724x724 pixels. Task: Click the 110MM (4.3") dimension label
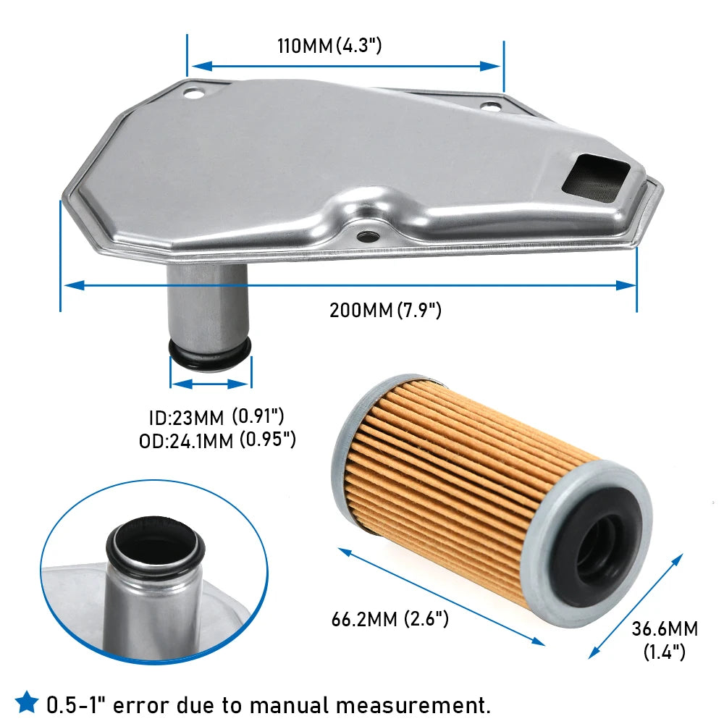(x=329, y=46)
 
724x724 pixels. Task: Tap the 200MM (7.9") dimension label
(x=385, y=310)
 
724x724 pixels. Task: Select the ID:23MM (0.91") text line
(x=216, y=417)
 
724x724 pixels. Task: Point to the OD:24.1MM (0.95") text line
(x=217, y=440)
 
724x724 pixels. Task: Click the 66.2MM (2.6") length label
(x=390, y=619)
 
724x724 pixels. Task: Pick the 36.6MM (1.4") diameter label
(x=665, y=640)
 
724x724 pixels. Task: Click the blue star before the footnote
(x=27, y=702)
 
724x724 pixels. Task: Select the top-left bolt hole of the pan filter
(x=193, y=93)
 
